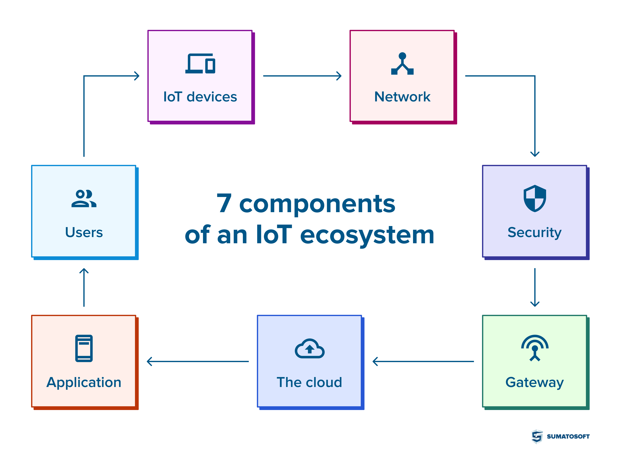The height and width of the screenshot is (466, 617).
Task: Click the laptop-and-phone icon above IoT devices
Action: click(200, 64)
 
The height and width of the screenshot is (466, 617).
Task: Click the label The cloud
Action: click(309, 382)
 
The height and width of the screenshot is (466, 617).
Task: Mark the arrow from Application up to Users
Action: click(84, 287)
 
